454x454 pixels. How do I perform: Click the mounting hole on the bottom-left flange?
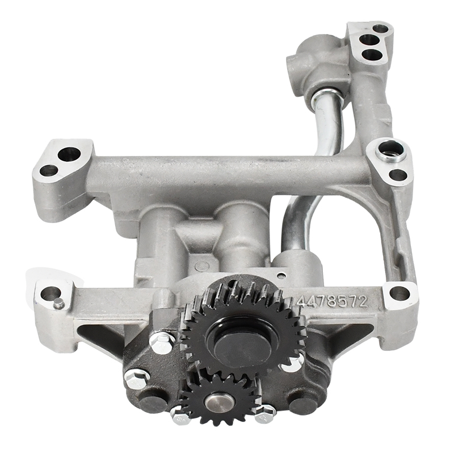50,293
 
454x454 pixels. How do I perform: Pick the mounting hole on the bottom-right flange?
399,293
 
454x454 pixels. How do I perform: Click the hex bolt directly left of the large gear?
162,342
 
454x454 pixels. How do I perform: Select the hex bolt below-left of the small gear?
180,418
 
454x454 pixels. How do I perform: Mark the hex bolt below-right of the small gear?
264,416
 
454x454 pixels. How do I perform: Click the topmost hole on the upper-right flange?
380,28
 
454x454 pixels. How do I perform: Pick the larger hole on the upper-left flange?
69,153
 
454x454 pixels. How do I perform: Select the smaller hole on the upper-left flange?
49,170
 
